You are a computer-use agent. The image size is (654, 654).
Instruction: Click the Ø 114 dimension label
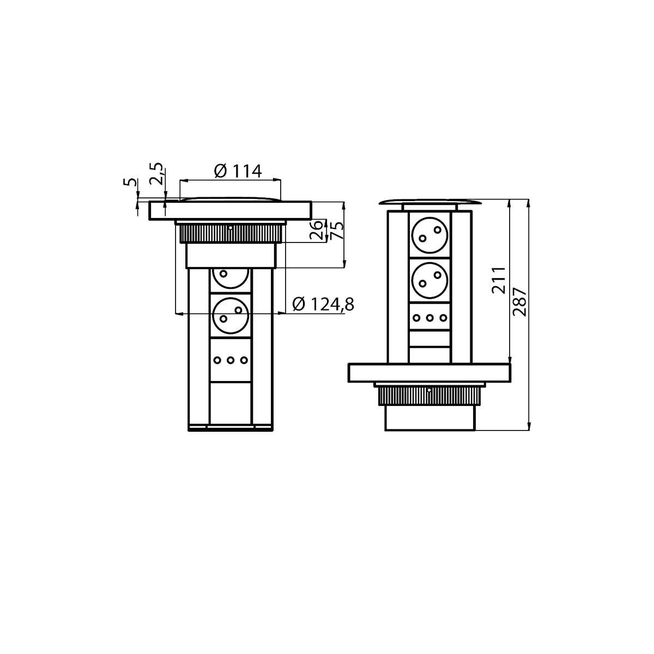(238, 171)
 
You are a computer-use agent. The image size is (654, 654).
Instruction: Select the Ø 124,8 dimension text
(323, 304)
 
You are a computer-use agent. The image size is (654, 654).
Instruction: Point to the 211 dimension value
(499, 280)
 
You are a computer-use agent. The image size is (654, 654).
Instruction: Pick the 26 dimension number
(316, 230)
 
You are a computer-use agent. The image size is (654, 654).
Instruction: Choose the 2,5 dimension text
(156, 173)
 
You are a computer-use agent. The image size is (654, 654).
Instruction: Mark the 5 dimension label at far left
(130, 182)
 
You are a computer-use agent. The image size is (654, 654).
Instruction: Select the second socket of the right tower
(429, 280)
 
